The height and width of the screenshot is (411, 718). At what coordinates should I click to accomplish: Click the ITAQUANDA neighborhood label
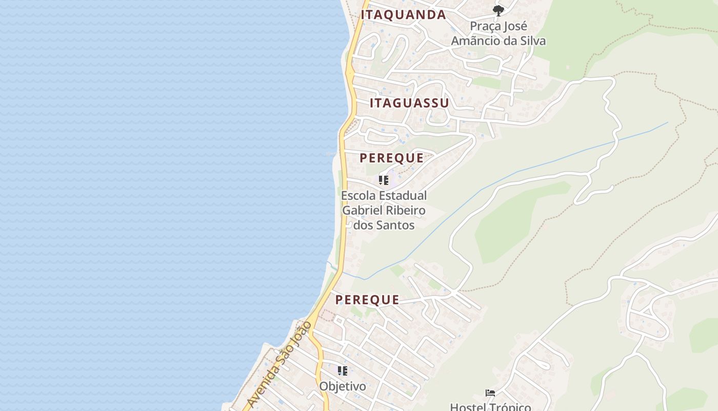click(x=403, y=14)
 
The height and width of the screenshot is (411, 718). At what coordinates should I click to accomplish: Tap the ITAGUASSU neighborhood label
click(x=409, y=103)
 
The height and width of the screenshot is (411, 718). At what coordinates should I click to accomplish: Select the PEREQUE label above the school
click(x=392, y=158)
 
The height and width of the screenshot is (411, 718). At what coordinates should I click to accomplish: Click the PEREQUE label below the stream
click(x=367, y=300)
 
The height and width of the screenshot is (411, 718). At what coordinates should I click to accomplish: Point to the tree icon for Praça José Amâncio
click(x=498, y=10)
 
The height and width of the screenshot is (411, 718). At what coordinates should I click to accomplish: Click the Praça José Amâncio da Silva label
click(x=498, y=33)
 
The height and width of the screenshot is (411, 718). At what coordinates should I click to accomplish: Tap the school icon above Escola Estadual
click(x=384, y=180)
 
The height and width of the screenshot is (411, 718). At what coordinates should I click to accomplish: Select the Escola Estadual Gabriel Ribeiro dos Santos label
click(x=384, y=210)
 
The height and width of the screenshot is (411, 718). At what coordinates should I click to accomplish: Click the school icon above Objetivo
click(x=343, y=370)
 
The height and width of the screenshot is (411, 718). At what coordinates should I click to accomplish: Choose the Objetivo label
click(x=343, y=386)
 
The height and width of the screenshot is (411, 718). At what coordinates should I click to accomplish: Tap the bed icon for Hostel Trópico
click(x=490, y=394)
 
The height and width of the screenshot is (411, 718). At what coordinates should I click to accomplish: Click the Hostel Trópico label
click(x=490, y=406)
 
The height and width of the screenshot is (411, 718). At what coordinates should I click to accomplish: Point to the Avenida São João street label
click(x=279, y=364)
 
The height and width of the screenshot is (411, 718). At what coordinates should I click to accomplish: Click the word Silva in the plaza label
click(x=532, y=41)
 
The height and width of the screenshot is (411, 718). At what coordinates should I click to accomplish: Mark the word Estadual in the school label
click(x=404, y=195)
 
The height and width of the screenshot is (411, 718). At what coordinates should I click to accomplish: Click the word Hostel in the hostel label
click(x=467, y=406)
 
